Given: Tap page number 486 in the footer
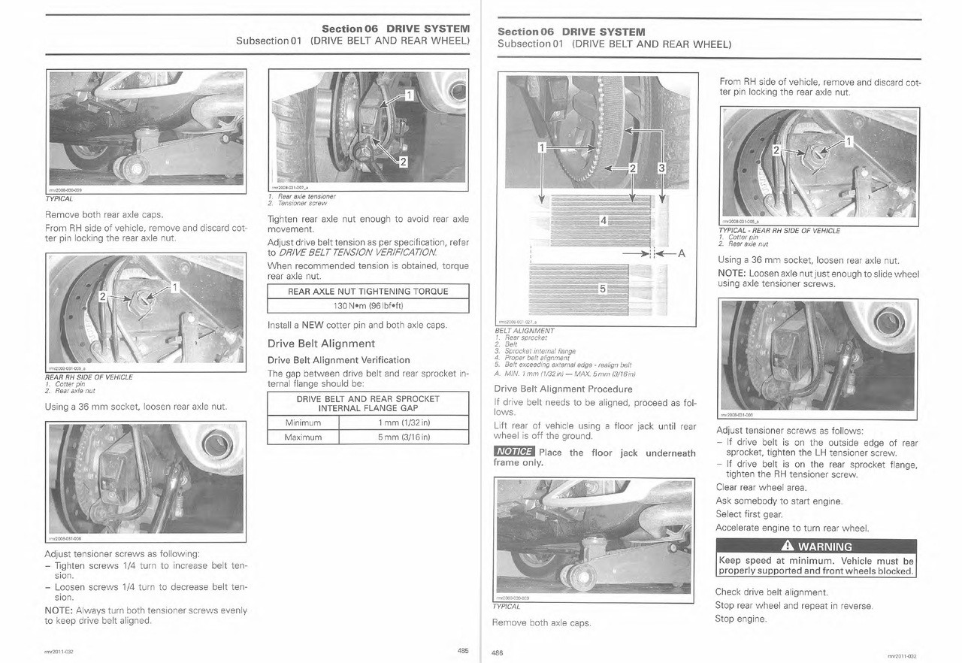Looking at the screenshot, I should (x=497, y=652).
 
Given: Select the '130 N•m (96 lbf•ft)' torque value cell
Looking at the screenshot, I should (x=368, y=305).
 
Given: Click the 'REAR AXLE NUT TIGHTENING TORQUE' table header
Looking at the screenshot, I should (x=368, y=292).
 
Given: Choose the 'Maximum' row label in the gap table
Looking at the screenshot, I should (x=304, y=437).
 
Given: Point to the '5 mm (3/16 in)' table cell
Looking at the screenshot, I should (x=404, y=437).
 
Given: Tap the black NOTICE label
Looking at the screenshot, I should (x=513, y=453).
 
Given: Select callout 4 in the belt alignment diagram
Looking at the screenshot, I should (x=604, y=220).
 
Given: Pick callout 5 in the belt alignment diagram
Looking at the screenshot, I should (x=604, y=289).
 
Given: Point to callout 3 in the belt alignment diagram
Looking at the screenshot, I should (x=661, y=168).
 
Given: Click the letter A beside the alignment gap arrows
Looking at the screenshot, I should (x=682, y=253).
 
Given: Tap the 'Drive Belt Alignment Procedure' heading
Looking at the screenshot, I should (x=563, y=389).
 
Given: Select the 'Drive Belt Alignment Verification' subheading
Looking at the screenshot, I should (x=339, y=359).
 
